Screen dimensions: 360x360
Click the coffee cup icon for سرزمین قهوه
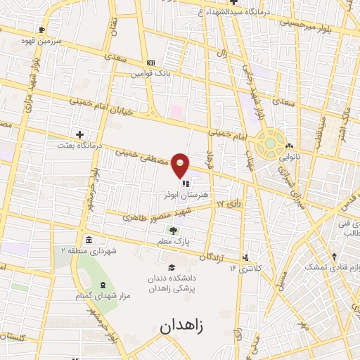point(43,30)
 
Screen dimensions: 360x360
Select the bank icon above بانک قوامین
point(150,63)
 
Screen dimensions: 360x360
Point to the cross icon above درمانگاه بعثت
point(79,134)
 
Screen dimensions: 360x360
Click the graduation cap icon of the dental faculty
point(172,266)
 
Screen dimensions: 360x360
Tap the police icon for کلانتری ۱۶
point(245,257)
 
